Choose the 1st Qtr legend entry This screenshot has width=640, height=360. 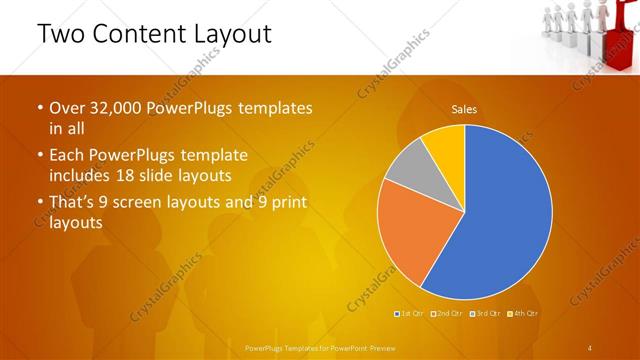409,314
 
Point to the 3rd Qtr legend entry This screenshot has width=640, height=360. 487,314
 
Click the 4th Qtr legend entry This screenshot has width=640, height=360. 525,314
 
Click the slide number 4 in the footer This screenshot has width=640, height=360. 590,347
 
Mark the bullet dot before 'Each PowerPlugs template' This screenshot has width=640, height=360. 40,156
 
